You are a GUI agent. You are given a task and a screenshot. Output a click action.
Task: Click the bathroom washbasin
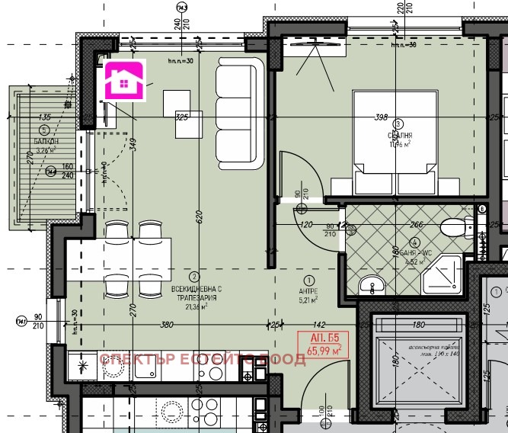tap(372, 286)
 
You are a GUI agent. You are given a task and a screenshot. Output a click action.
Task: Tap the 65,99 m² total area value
tap(323, 350)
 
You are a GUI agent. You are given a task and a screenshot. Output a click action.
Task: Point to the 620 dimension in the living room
tap(197, 216)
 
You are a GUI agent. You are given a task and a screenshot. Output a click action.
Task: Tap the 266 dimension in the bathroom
tap(416, 224)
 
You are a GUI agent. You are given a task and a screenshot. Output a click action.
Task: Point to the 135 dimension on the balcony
tap(43, 117)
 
